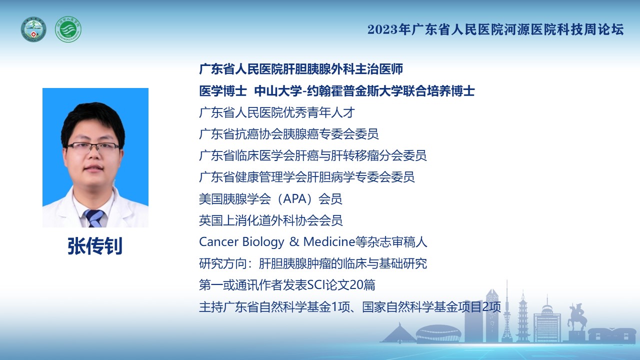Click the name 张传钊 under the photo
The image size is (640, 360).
coord(95,245)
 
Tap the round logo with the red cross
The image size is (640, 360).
coord(33,29)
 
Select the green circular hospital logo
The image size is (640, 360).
coord(68,29)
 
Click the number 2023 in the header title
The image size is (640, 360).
coord(382,29)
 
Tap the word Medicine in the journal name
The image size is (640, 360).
coord(329,241)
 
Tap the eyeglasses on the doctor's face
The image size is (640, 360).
coord(93,147)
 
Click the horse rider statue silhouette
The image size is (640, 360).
coord(577,317)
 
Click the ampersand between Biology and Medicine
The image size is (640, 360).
coord(294,242)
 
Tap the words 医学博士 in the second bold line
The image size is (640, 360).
coord(223,91)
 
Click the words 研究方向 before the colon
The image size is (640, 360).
coord(223,263)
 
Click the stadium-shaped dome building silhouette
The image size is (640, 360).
coord(438,333)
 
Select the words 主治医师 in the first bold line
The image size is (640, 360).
coord(379,69)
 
